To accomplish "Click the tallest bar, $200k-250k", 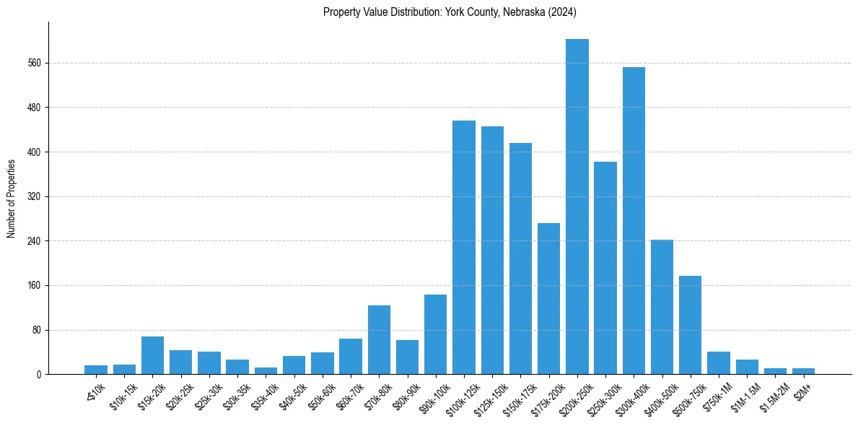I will (x=577, y=207).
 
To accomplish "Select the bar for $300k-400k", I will (x=634, y=220).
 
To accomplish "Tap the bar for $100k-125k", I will (x=464, y=247).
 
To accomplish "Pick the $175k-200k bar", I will (x=548, y=298).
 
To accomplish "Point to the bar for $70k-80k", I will (x=379, y=339).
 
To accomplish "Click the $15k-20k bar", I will (x=152, y=355).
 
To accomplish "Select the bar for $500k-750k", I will (x=690, y=325).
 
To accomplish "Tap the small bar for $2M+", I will (x=803, y=371).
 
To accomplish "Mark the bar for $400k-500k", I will (x=662, y=307).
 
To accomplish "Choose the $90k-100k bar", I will (x=435, y=334).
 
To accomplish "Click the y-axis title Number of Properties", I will (x=11, y=198).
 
